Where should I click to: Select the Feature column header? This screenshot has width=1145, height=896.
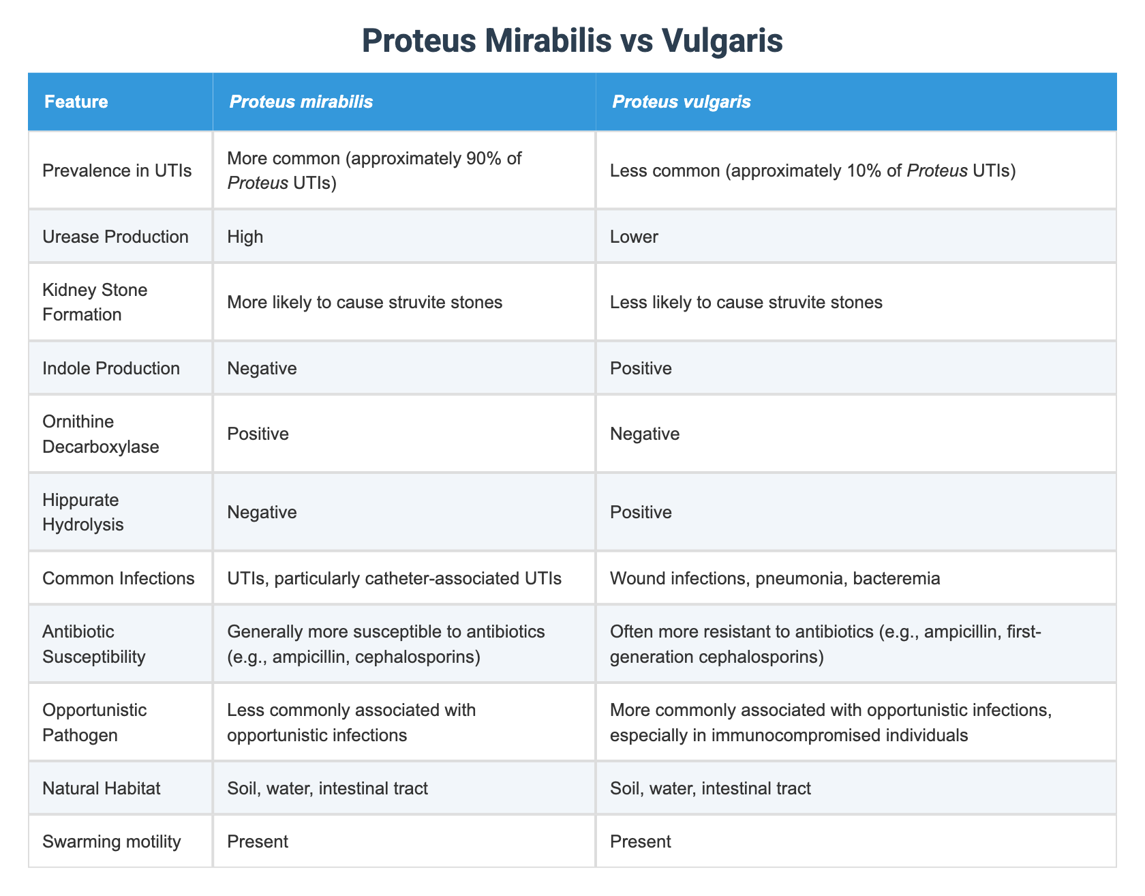(x=76, y=102)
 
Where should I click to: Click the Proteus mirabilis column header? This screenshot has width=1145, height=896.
(x=301, y=102)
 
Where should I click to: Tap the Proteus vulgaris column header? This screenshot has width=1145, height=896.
(x=681, y=102)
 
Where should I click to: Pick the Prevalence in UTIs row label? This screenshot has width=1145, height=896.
(x=117, y=171)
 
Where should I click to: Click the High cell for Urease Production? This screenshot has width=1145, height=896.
(x=245, y=237)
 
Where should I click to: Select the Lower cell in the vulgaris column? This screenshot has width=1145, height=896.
(x=634, y=237)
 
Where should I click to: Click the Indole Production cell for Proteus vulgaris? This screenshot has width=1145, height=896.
(x=641, y=368)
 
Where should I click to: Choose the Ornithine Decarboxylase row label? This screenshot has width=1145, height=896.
(x=100, y=434)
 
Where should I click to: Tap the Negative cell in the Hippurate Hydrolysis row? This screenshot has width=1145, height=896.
(x=262, y=512)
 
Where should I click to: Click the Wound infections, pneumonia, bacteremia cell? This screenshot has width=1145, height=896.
(x=775, y=578)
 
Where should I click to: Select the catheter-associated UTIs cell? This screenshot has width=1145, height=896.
(x=395, y=578)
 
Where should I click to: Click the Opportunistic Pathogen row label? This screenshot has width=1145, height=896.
(x=94, y=722)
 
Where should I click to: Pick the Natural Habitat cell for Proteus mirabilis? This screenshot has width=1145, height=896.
(x=328, y=788)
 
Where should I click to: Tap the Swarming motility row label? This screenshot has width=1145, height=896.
(x=111, y=841)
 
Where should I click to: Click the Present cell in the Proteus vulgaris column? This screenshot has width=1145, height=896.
(x=641, y=841)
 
